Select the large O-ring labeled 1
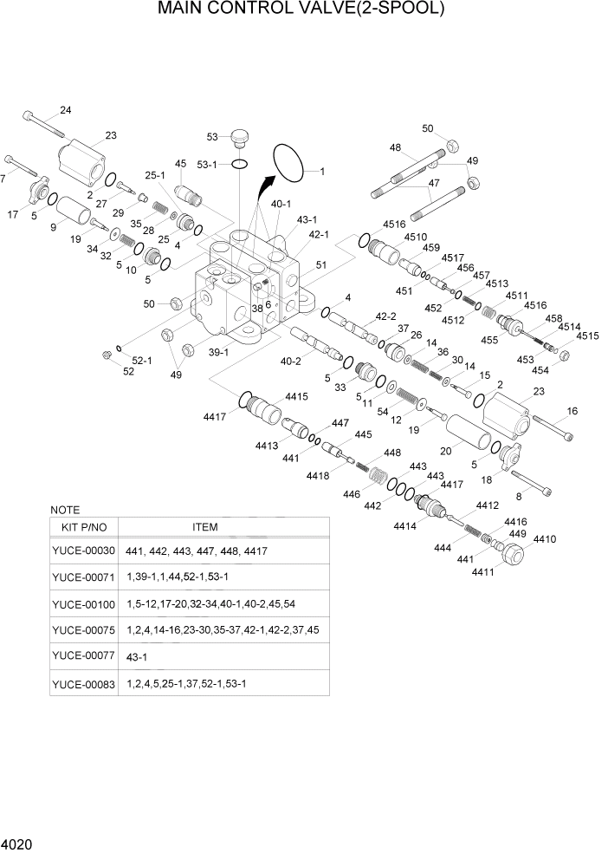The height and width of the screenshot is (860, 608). pyautogui.click(x=293, y=163)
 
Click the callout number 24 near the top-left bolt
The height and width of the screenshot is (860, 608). pyautogui.click(x=65, y=109)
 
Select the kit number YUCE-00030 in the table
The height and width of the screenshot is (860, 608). pyautogui.click(x=83, y=551)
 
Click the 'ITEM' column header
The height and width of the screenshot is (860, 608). pyautogui.click(x=204, y=527)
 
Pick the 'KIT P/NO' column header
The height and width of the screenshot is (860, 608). pyautogui.click(x=83, y=527)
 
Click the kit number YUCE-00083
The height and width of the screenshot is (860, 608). pyautogui.click(x=83, y=683)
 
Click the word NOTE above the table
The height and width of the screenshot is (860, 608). pyautogui.click(x=66, y=510)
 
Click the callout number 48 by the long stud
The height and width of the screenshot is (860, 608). pyautogui.click(x=395, y=147)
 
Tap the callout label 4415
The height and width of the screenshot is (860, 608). pyautogui.click(x=296, y=396)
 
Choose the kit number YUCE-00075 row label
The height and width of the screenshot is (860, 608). pyautogui.click(x=83, y=629)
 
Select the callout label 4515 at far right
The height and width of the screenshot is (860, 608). pyautogui.click(x=588, y=336)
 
